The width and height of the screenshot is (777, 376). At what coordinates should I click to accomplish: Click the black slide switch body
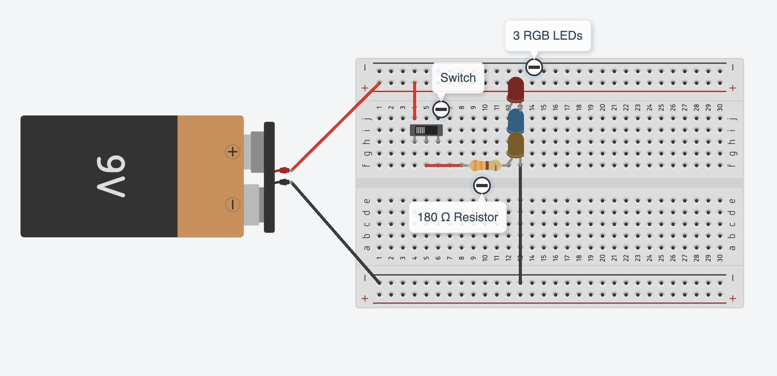pyautogui.click(x=427, y=130)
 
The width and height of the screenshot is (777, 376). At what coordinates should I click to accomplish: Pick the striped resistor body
pyautogui.click(x=485, y=165)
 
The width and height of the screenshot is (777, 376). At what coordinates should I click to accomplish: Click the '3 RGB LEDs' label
pyautogui.click(x=548, y=36)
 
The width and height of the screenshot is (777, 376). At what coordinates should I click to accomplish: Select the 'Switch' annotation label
pyautogui.click(x=458, y=78)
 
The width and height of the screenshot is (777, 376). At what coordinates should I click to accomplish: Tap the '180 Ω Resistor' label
pyautogui.click(x=457, y=217)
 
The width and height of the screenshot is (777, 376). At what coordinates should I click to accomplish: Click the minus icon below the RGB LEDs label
pyautogui.click(x=534, y=67)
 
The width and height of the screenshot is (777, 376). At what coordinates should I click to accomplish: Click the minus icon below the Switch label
pyautogui.click(x=441, y=109)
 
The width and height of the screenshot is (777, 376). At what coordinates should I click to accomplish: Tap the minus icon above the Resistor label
pyautogui.click(x=482, y=186)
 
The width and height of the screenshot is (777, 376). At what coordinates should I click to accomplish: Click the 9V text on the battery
pyautogui.click(x=111, y=176)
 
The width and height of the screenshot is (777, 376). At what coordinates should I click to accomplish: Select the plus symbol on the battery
pyautogui.click(x=232, y=152)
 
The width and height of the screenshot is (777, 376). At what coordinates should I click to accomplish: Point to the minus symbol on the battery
pyautogui.click(x=232, y=205)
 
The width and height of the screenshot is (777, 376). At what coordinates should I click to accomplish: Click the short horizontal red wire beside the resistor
pyautogui.click(x=443, y=165)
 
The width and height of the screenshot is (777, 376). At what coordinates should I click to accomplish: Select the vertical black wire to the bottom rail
pyautogui.click(x=520, y=223)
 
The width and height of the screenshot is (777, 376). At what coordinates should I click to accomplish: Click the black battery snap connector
pyautogui.click(x=269, y=177)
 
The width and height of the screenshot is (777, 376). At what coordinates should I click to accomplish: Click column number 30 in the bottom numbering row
pyautogui.click(x=720, y=258)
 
